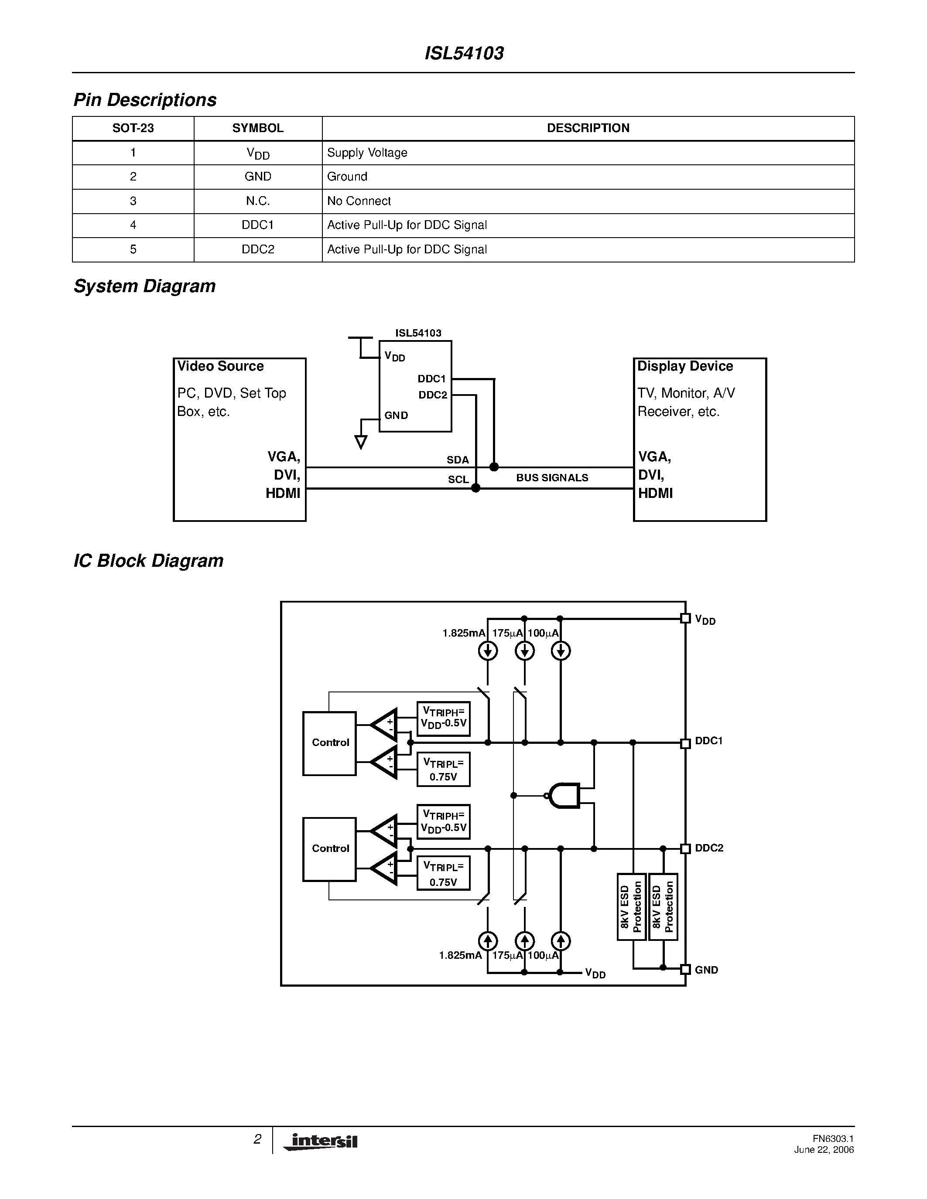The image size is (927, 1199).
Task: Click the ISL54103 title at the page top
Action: point(464,53)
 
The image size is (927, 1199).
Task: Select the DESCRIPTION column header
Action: point(588,128)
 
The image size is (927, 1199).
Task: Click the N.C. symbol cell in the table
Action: point(257,201)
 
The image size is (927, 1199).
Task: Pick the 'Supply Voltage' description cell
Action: point(367,153)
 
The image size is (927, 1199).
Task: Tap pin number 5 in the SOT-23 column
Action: point(133,249)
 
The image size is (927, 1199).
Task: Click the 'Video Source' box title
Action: point(220,366)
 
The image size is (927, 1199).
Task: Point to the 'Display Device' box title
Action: point(685,366)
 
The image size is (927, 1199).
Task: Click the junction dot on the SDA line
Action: point(494,467)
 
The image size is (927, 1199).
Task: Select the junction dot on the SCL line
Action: point(475,487)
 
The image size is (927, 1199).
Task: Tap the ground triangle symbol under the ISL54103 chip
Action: point(361,441)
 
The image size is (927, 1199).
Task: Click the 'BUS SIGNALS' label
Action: point(552,477)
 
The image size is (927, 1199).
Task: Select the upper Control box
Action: point(329,743)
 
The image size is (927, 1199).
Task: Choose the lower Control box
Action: point(329,849)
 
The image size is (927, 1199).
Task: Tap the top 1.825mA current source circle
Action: point(488,651)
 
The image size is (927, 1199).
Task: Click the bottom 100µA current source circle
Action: point(560,941)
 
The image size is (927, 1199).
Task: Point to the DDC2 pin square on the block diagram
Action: point(685,849)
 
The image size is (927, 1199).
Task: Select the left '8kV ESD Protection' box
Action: point(631,906)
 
